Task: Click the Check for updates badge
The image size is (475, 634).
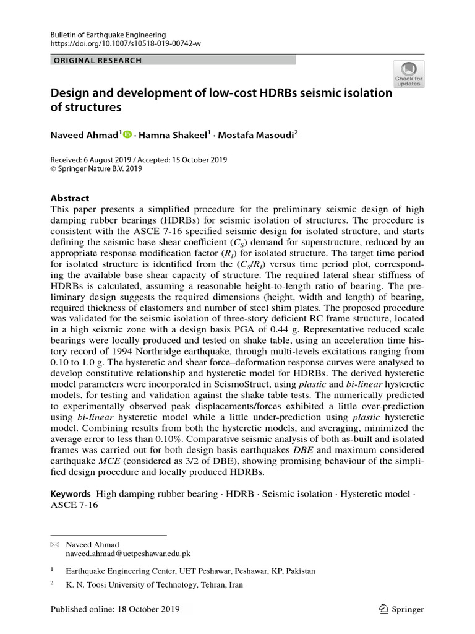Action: point(409,73)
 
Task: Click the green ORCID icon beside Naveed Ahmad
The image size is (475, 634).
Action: point(128,134)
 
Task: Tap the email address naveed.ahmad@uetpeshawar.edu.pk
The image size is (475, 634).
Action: point(128,554)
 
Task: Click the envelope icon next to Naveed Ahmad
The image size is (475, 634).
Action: point(54,545)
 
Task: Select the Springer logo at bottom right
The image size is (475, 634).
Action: point(401,609)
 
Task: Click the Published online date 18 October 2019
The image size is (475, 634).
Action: point(148,609)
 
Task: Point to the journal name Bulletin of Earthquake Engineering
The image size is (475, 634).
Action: point(108,35)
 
